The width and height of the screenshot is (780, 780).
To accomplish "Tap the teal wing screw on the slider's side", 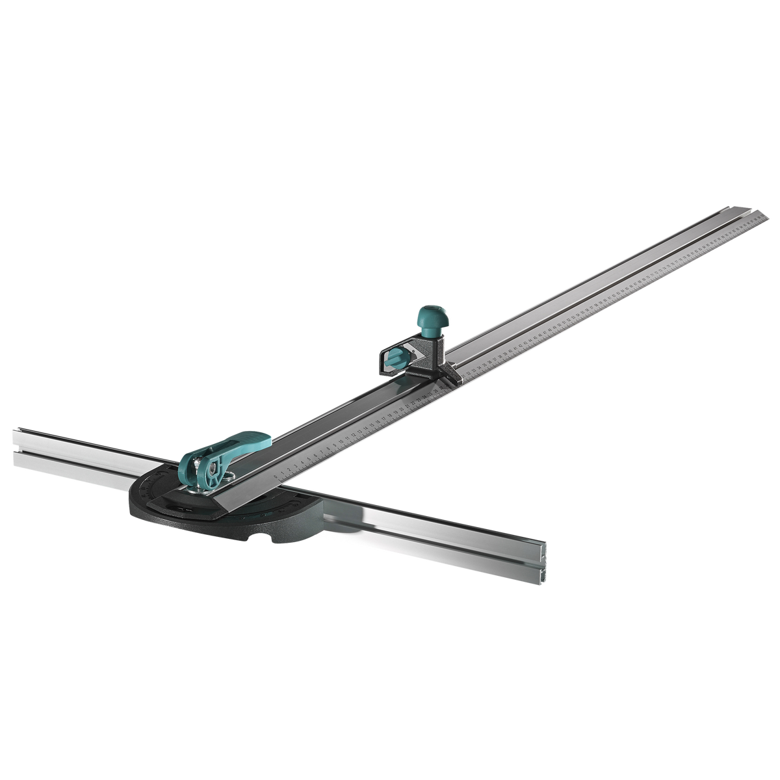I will [392, 357].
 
